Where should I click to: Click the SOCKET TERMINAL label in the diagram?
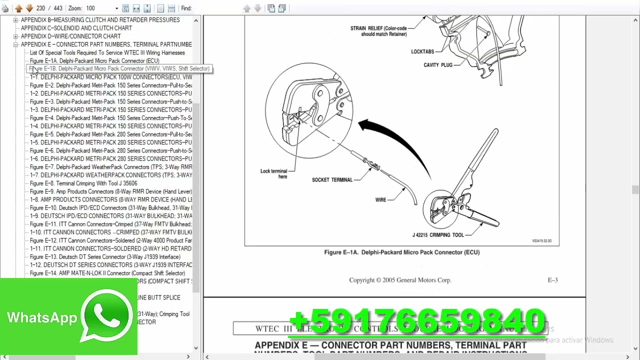[332, 180]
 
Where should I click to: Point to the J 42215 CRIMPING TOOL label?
[438, 235]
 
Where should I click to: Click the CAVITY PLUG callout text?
[437, 65]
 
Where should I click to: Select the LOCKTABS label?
[422, 51]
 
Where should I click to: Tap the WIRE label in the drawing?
[380, 200]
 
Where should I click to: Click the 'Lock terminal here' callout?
[274, 174]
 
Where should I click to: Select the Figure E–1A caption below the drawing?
[401, 252]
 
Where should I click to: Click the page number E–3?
[552, 280]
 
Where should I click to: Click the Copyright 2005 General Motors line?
[400, 280]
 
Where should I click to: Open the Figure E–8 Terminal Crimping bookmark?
[83, 183]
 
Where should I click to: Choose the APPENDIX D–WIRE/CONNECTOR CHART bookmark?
[70, 36]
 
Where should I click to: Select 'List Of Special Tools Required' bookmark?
[107, 52]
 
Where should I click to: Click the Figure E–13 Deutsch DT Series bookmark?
[105, 257]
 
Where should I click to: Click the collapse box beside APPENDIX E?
[16, 44]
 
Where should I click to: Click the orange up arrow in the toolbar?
[18, 8]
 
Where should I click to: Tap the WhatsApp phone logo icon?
[107, 315]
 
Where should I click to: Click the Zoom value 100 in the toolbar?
[90, 8]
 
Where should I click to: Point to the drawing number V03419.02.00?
[541, 241]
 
